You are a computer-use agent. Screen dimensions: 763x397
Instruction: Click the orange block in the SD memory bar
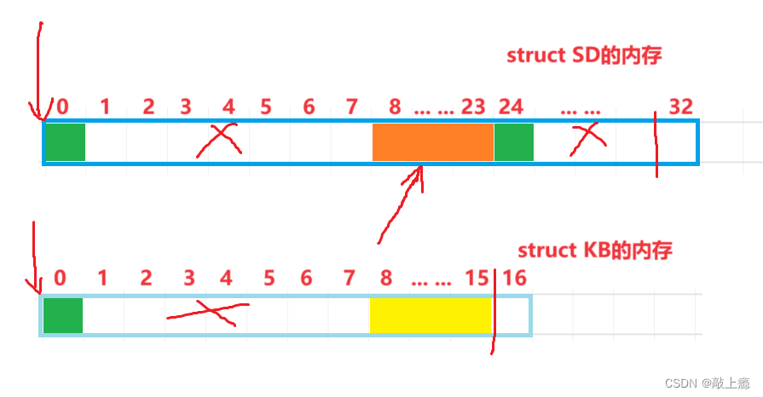coord(433,141)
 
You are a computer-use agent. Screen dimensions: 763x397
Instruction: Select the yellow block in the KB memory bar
coord(430,315)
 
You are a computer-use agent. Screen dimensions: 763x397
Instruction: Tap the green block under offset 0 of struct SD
coord(66,141)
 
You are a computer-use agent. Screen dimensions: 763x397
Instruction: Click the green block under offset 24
coord(513,141)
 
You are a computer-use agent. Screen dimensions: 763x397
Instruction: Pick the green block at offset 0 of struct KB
coord(63,315)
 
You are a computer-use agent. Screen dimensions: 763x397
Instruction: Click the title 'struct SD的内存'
coord(584,56)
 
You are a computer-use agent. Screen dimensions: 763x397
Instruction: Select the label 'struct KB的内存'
coord(595,250)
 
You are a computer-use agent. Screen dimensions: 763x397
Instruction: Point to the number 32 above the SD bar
coord(680,106)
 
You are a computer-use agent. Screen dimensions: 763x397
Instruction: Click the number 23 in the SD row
coord(473,106)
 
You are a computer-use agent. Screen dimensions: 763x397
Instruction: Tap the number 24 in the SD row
coord(511,106)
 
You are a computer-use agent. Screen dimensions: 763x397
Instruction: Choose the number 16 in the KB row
coord(515,278)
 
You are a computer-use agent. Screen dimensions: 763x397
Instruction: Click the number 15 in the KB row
coord(477,278)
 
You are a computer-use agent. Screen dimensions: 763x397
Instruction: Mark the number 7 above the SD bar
coord(351,106)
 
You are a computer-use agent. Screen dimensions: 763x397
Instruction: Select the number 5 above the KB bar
coord(269,278)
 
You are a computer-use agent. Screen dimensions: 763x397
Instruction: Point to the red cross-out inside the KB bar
coord(207,313)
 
